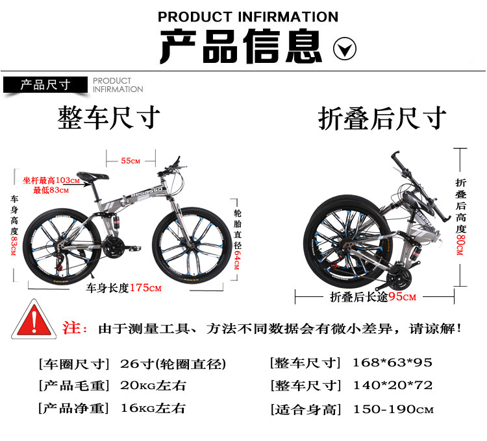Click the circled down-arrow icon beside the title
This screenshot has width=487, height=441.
344,49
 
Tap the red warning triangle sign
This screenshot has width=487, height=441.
34,320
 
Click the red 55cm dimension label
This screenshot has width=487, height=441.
131,161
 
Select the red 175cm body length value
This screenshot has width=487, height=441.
145,288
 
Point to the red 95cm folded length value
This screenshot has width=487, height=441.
402,297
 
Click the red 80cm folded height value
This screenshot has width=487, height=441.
460,244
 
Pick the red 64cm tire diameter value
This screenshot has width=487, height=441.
237,260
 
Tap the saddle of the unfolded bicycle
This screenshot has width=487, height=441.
93,176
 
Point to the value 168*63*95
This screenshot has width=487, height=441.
393,363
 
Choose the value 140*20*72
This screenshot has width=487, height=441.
393,385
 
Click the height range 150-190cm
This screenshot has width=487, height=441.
393,409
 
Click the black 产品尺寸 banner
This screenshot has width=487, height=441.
45,85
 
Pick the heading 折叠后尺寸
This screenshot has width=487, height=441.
382,118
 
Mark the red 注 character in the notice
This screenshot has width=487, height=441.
71,328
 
